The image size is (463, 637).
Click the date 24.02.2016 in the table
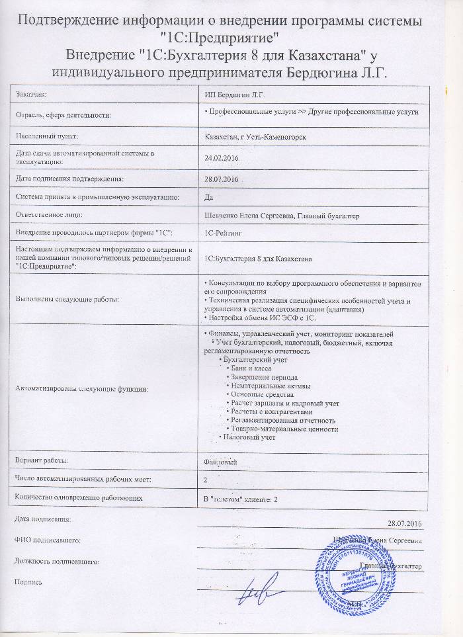pos(222,157)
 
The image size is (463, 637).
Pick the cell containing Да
pos(210,197)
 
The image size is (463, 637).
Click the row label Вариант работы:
pos(41,460)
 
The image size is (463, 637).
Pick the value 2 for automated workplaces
pos(207,478)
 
